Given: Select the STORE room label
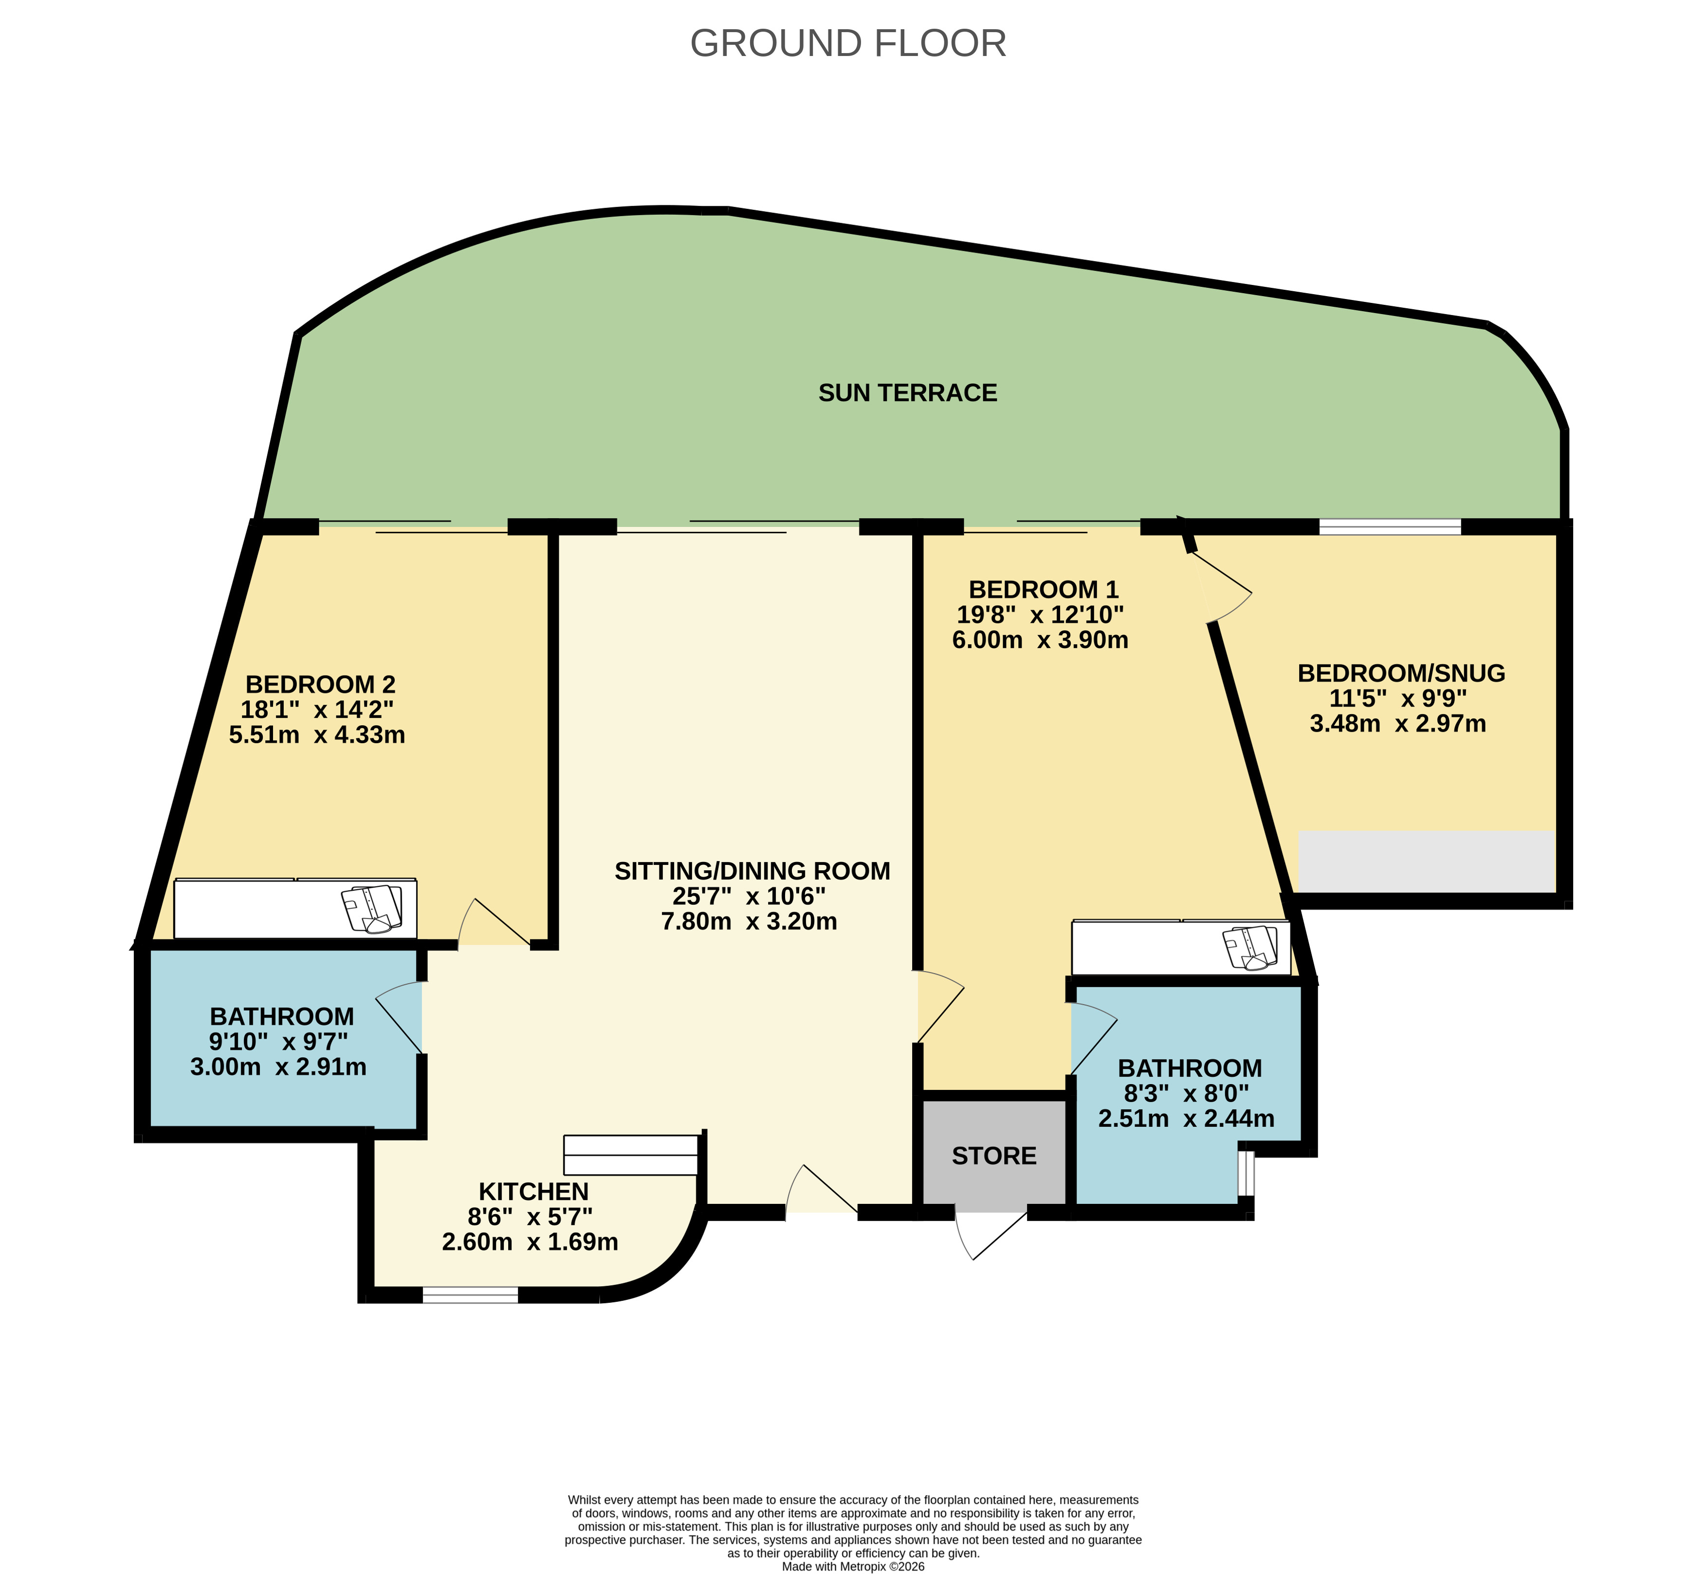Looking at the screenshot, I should coord(993,1156).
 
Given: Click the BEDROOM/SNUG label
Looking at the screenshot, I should coord(1400,673).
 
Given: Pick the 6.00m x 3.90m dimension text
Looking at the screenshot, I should coord(1040,639).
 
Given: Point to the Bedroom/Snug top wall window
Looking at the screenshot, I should coord(1390,526).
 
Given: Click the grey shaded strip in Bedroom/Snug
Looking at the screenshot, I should coord(1426,862).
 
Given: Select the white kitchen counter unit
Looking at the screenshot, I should coord(630,1155).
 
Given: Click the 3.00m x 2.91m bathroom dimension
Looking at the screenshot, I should coord(278,1067).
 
